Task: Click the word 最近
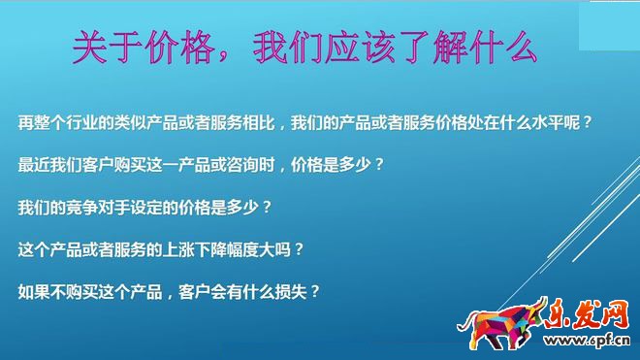pyautogui.click(x=33, y=165)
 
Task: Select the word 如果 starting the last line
pyautogui.click(x=33, y=291)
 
